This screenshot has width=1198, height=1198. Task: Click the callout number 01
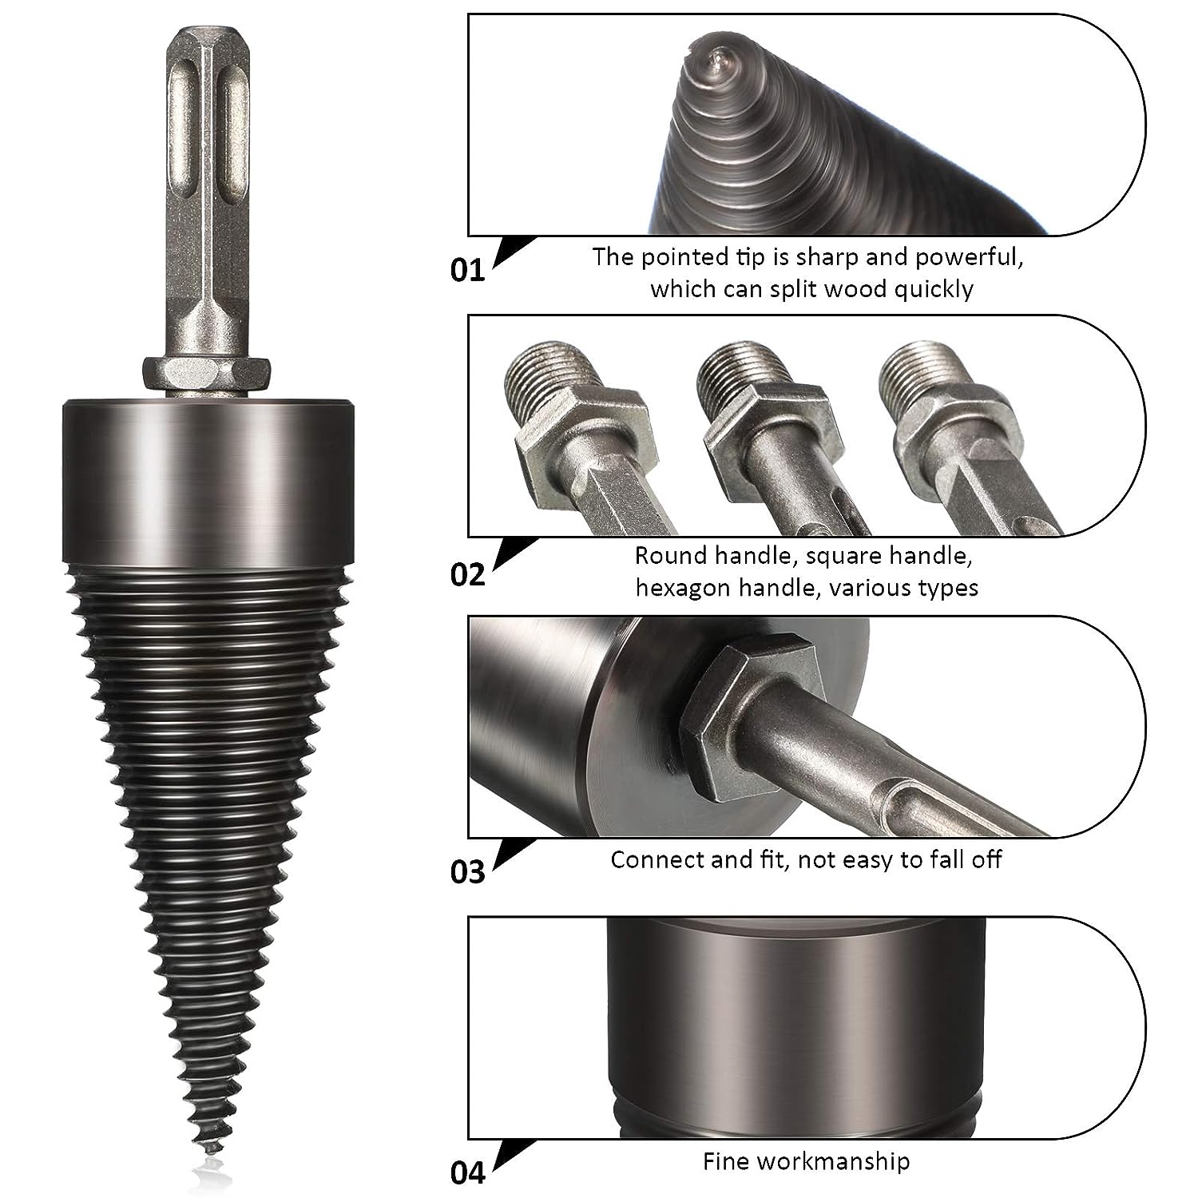(467, 270)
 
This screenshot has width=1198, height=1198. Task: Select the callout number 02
(467, 573)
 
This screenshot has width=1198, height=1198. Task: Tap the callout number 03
(467, 871)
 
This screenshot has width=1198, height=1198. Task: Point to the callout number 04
(467, 1172)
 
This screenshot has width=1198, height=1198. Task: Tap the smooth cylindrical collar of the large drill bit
(208, 482)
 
